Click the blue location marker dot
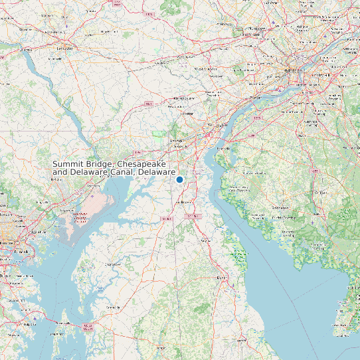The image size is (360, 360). pos(179,179)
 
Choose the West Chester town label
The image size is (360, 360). pos(205,68)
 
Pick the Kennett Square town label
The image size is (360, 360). pos(179,98)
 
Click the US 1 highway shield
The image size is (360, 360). pos(151,104)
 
